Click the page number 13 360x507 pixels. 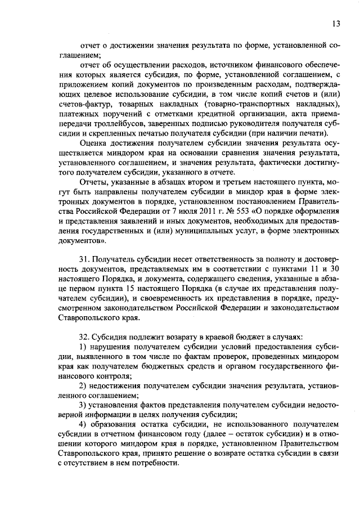click(x=336, y=23)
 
